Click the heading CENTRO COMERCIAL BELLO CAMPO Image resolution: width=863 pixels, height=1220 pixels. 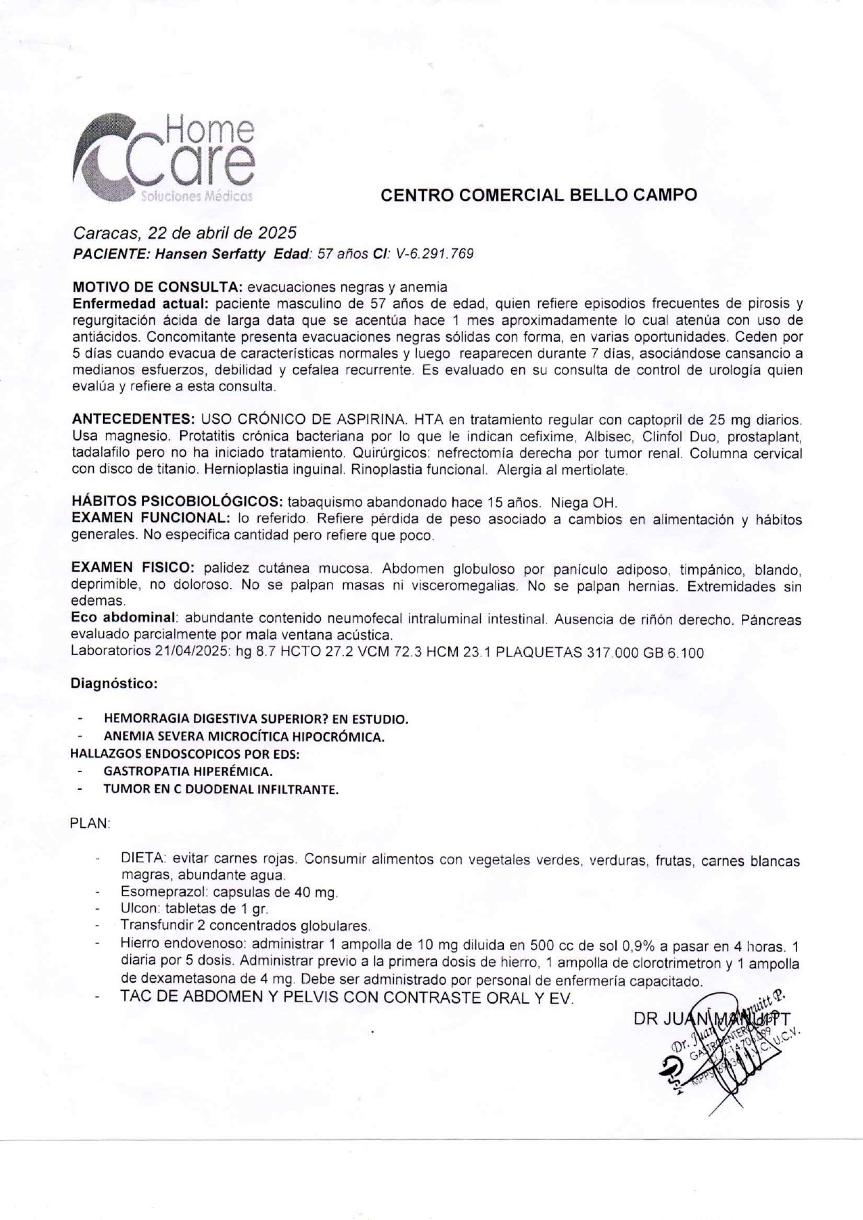[x=539, y=196]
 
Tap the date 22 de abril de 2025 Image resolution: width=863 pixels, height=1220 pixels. [x=223, y=232]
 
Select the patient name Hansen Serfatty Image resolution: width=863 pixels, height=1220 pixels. [x=209, y=254]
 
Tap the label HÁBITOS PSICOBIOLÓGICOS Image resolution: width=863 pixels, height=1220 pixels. [x=177, y=502]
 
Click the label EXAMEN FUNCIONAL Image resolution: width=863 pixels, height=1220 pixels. [x=150, y=519]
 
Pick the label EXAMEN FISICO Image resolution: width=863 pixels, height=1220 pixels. [x=132, y=569]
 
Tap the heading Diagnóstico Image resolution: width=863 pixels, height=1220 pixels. [x=114, y=683]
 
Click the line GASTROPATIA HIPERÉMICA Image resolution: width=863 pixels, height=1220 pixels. [x=188, y=771]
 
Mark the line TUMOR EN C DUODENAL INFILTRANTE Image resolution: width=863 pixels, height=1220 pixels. [x=221, y=789]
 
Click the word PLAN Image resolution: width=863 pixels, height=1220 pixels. [x=90, y=823]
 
